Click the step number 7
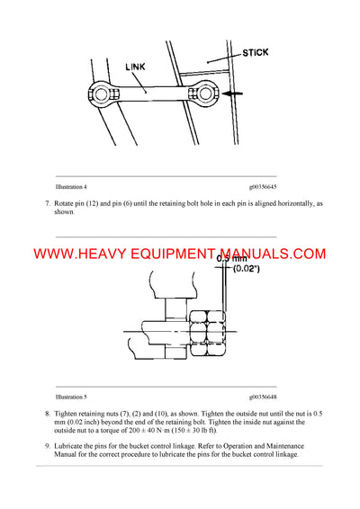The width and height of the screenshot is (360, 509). (x=47, y=205)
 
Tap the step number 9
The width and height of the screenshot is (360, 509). (x=47, y=447)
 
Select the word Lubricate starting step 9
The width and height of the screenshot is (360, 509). (x=71, y=447)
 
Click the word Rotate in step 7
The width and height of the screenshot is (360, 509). (x=67, y=205)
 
